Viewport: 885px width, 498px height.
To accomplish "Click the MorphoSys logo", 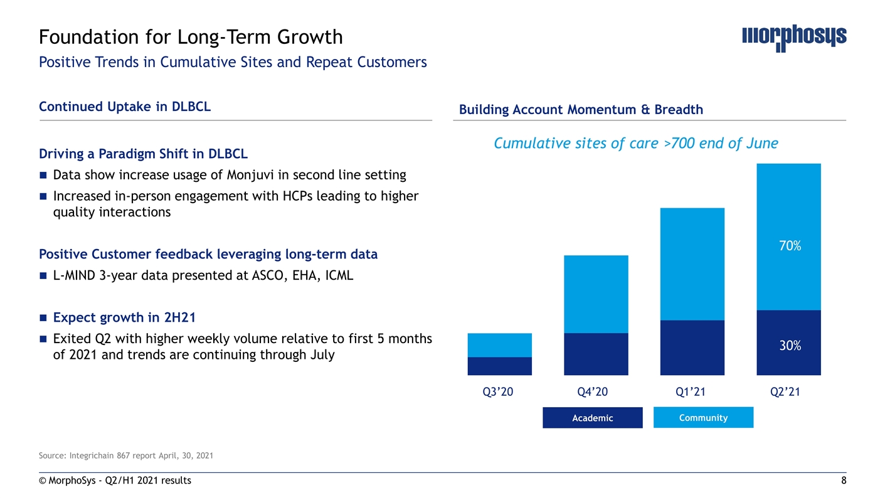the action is pos(794,38).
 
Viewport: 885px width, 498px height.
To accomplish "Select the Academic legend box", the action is pos(592,418).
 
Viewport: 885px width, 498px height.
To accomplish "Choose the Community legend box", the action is pos(703,417).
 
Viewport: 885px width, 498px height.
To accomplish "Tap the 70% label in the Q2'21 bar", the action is pos(790,246).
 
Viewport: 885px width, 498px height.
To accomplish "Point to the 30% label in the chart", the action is pos(790,346).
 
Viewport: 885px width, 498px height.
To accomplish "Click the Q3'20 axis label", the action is pos(498,391).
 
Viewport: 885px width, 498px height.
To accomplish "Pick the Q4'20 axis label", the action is pos(592,391).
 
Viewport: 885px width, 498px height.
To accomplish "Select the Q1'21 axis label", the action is pos(690,391).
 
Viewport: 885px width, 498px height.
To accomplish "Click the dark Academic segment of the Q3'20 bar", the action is pos(500,366).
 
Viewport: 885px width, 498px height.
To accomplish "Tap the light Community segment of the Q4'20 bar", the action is pos(596,294).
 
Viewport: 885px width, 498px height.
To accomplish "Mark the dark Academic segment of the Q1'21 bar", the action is pos(692,348).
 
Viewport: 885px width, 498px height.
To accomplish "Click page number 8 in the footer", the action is pos(844,480).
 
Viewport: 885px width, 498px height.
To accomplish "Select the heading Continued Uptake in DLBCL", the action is pos(125,107).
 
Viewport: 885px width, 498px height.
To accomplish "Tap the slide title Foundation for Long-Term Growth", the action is pos(191,37).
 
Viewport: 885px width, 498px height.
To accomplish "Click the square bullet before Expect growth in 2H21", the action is pos(43,318).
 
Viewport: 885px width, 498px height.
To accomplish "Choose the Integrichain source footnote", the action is pos(126,456).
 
